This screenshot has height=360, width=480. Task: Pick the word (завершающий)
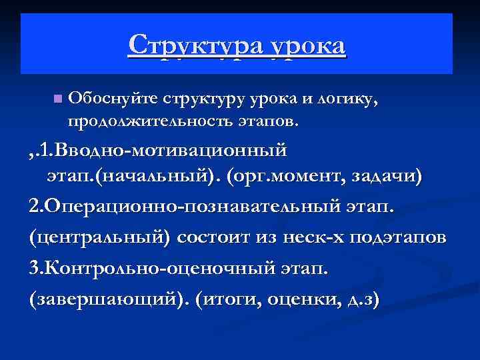click(x=107, y=300)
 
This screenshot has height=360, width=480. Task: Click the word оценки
click(x=304, y=300)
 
